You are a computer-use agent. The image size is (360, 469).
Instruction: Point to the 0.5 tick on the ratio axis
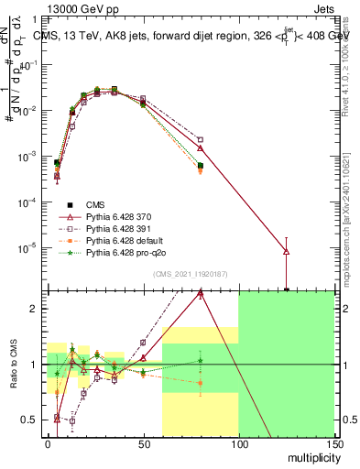pyautogui.click(x=30, y=420)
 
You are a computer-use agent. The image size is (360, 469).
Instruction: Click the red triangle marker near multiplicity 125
pyautogui.click(x=287, y=250)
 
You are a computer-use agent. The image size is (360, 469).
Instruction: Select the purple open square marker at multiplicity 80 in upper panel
pyautogui.click(x=201, y=140)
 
